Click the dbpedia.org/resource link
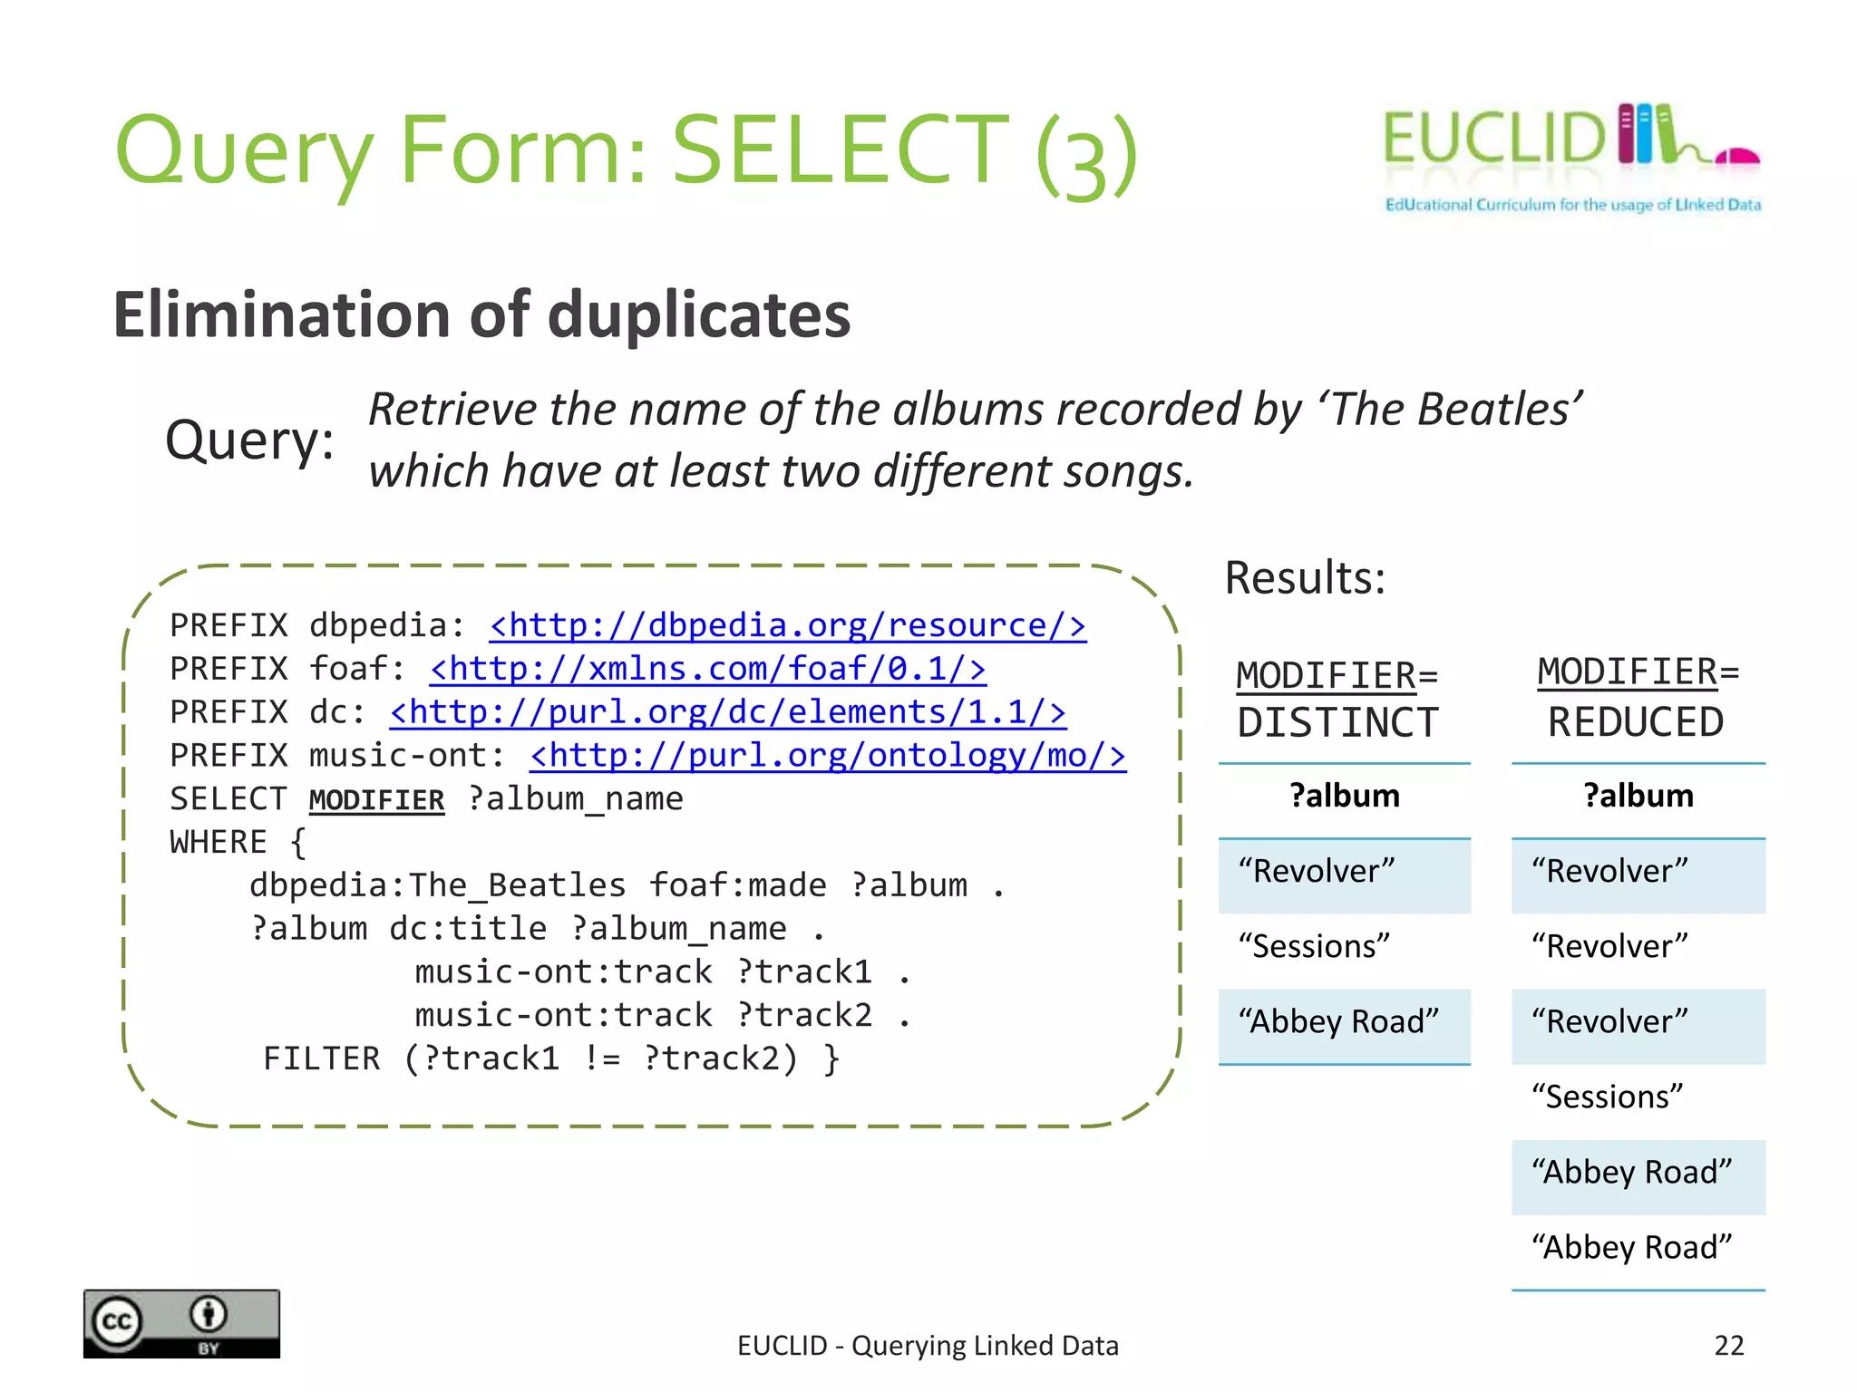click(x=787, y=626)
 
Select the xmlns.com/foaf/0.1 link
click(x=707, y=670)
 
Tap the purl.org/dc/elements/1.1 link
click(x=727, y=713)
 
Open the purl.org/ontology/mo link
click(x=828, y=757)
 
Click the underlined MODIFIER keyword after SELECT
click(x=376, y=800)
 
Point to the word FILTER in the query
click(x=322, y=1058)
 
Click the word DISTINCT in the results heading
click(x=1337, y=723)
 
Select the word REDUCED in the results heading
click(x=1635, y=723)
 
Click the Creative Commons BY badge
click(x=181, y=1323)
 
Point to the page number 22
click(x=1729, y=1346)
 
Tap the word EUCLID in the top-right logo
click(x=1493, y=139)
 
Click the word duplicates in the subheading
click(x=699, y=315)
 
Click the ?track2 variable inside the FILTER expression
click(x=721, y=1058)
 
